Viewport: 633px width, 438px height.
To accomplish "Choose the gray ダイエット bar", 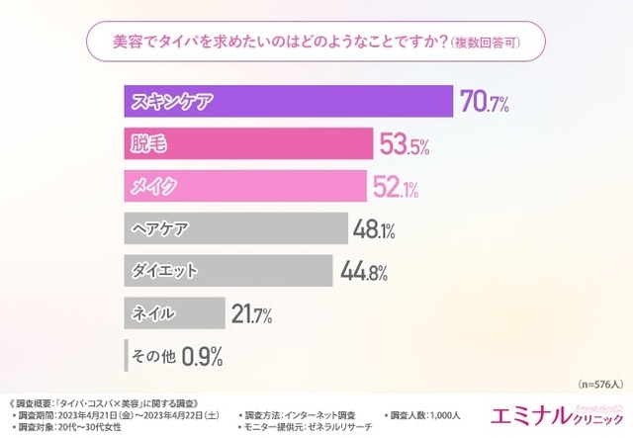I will tap(228, 270).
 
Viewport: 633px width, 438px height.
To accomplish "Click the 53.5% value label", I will tap(404, 145).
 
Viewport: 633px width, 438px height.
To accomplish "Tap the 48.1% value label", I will tap(375, 229).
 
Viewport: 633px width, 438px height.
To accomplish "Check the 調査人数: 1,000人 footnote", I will tap(428, 414).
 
